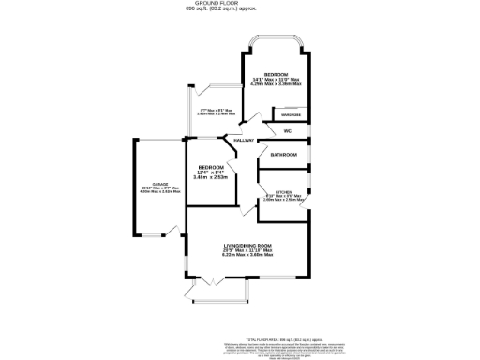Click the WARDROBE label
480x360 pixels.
tap(292, 116)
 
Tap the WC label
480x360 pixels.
tap(288, 131)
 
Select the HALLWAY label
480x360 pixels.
tap(244, 141)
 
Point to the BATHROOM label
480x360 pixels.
tap(284, 154)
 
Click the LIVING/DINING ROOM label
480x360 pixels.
tap(247, 246)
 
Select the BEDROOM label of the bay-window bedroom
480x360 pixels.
tap(276, 73)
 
